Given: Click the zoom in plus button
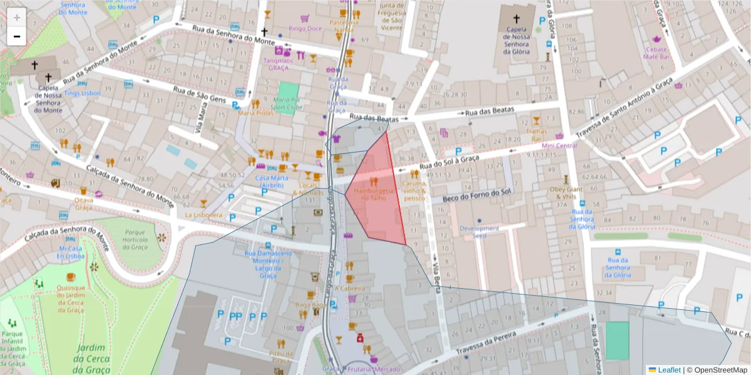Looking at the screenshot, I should (x=17, y=17).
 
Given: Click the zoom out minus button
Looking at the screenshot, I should (x=17, y=36).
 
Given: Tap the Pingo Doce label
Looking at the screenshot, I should (x=305, y=28).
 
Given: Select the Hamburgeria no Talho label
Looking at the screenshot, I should (x=374, y=194).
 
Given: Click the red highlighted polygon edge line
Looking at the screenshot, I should (x=396, y=187).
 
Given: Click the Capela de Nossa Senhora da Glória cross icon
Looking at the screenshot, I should (x=517, y=19).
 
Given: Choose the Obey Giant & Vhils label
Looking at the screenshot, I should (x=566, y=192).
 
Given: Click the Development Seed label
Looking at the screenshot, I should (x=479, y=232).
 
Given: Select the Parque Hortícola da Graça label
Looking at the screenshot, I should (x=135, y=239).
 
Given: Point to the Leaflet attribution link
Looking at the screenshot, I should (x=668, y=370).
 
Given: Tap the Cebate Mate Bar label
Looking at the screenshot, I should (x=657, y=53).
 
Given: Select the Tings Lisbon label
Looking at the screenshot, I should (x=82, y=93).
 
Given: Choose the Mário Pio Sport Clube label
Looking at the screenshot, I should (x=288, y=103).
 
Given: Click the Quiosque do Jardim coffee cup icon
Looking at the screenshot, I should (x=71, y=277).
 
